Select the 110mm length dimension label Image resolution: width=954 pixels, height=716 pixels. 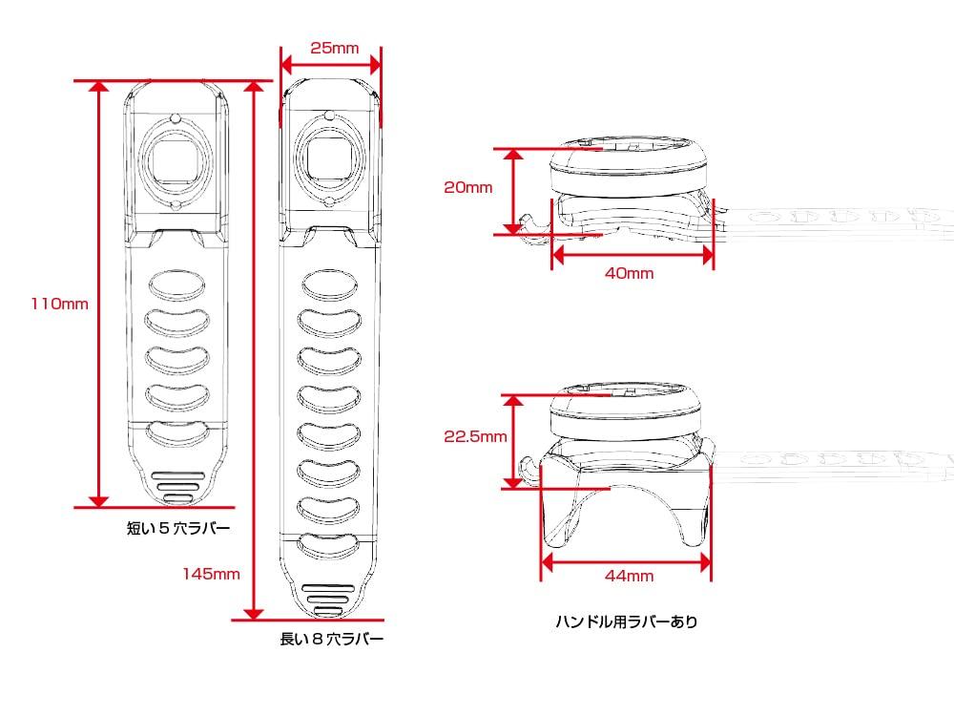pyautogui.click(x=59, y=305)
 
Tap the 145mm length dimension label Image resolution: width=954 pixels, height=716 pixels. pyautogui.click(x=212, y=575)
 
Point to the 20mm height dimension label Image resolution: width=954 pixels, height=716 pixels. pyautogui.click(x=467, y=188)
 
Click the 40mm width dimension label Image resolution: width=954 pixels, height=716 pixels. pyautogui.click(x=629, y=274)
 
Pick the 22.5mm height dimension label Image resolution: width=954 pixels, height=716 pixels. pyautogui.click(x=475, y=437)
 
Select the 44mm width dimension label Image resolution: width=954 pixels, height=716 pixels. pyautogui.click(x=629, y=576)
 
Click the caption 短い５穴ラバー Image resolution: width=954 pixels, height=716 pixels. pyautogui.click(x=178, y=527)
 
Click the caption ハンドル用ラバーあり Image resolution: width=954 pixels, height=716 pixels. pyautogui.click(x=627, y=622)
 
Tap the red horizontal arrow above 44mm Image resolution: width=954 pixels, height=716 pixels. pyautogui.click(x=626, y=562)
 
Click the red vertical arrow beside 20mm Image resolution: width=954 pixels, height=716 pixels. pyautogui.click(x=515, y=190)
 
